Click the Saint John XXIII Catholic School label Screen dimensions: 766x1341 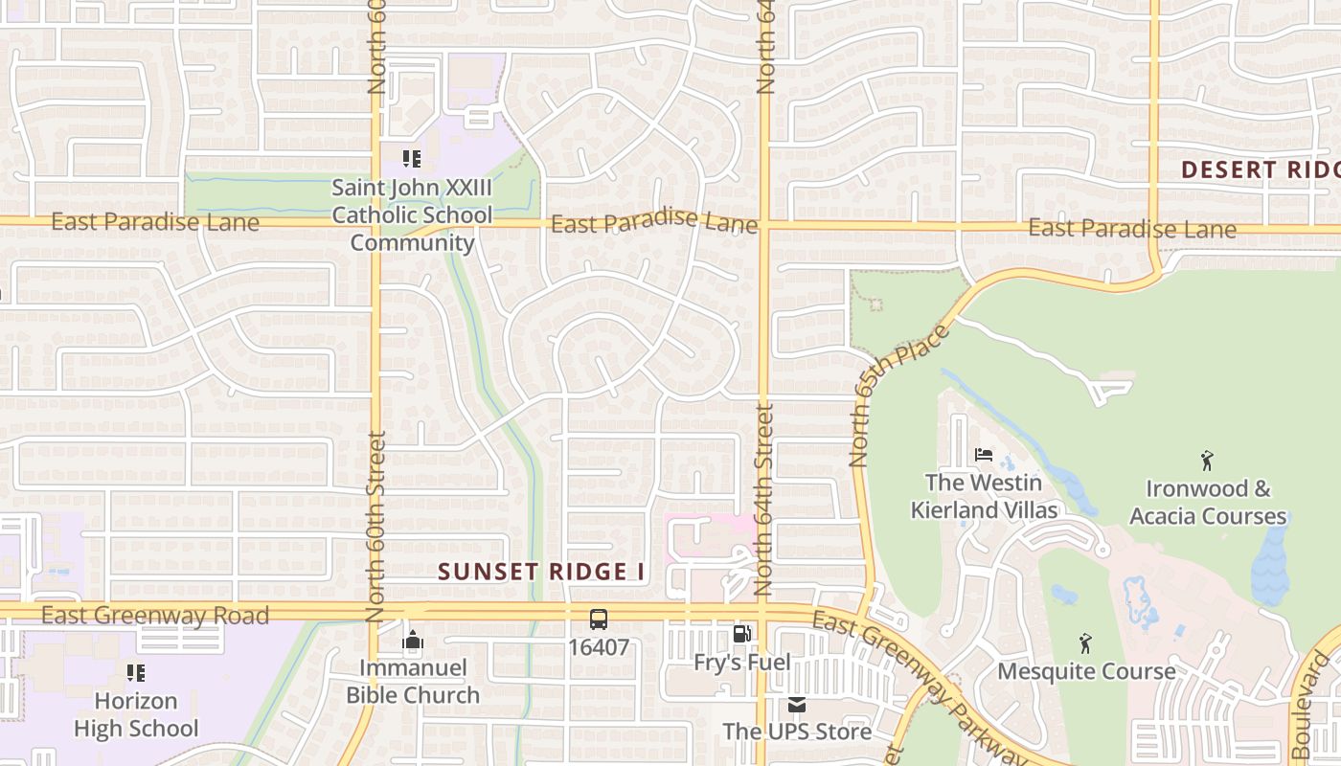tap(412, 215)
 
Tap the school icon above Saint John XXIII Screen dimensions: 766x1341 tap(412, 159)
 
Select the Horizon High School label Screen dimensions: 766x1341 tap(136, 715)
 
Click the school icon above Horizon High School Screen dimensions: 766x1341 tap(136, 673)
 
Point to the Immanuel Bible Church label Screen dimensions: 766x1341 tap(413, 682)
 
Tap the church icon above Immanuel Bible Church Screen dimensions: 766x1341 tap(413, 640)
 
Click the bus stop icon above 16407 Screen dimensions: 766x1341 tap(599, 620)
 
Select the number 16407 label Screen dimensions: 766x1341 tap(599, 648)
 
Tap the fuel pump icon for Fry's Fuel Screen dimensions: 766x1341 tap(742, 634)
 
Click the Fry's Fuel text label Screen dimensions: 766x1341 tap(742, 663)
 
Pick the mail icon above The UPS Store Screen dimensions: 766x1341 tap(797, 706)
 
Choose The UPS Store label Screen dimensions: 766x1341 tap(797, 732)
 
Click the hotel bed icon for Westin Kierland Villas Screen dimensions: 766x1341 tap(984, 455)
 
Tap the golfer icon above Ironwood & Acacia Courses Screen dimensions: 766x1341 tap(1207, 461)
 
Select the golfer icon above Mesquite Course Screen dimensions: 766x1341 tap(1085, 642)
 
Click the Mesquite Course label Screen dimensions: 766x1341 tap(1086, 671)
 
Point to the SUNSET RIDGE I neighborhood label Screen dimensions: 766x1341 tap(541, 573)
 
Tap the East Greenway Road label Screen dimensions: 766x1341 tap(155, 616)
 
